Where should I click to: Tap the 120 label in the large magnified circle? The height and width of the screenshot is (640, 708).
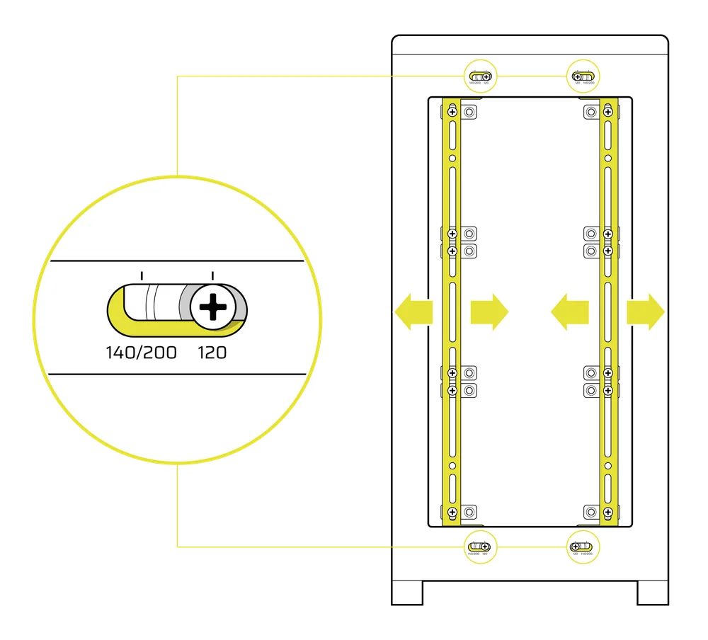212,351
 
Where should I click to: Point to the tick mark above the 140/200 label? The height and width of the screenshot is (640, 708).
142,275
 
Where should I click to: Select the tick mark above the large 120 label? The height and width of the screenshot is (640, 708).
213,275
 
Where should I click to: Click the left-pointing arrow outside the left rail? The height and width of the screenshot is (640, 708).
414,311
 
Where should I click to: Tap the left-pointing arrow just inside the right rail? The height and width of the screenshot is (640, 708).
569,311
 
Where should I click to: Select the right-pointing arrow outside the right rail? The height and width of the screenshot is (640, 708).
644,311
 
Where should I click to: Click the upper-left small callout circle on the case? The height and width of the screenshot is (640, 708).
481,76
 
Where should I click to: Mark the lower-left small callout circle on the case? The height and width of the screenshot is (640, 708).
481,547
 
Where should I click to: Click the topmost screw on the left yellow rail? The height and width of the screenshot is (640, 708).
452,112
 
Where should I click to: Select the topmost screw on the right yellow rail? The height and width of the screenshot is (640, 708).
607,112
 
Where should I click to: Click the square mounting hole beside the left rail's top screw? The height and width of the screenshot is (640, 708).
469,112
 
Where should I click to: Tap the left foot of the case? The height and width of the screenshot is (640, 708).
409,593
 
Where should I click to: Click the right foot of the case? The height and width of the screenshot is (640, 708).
652,593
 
